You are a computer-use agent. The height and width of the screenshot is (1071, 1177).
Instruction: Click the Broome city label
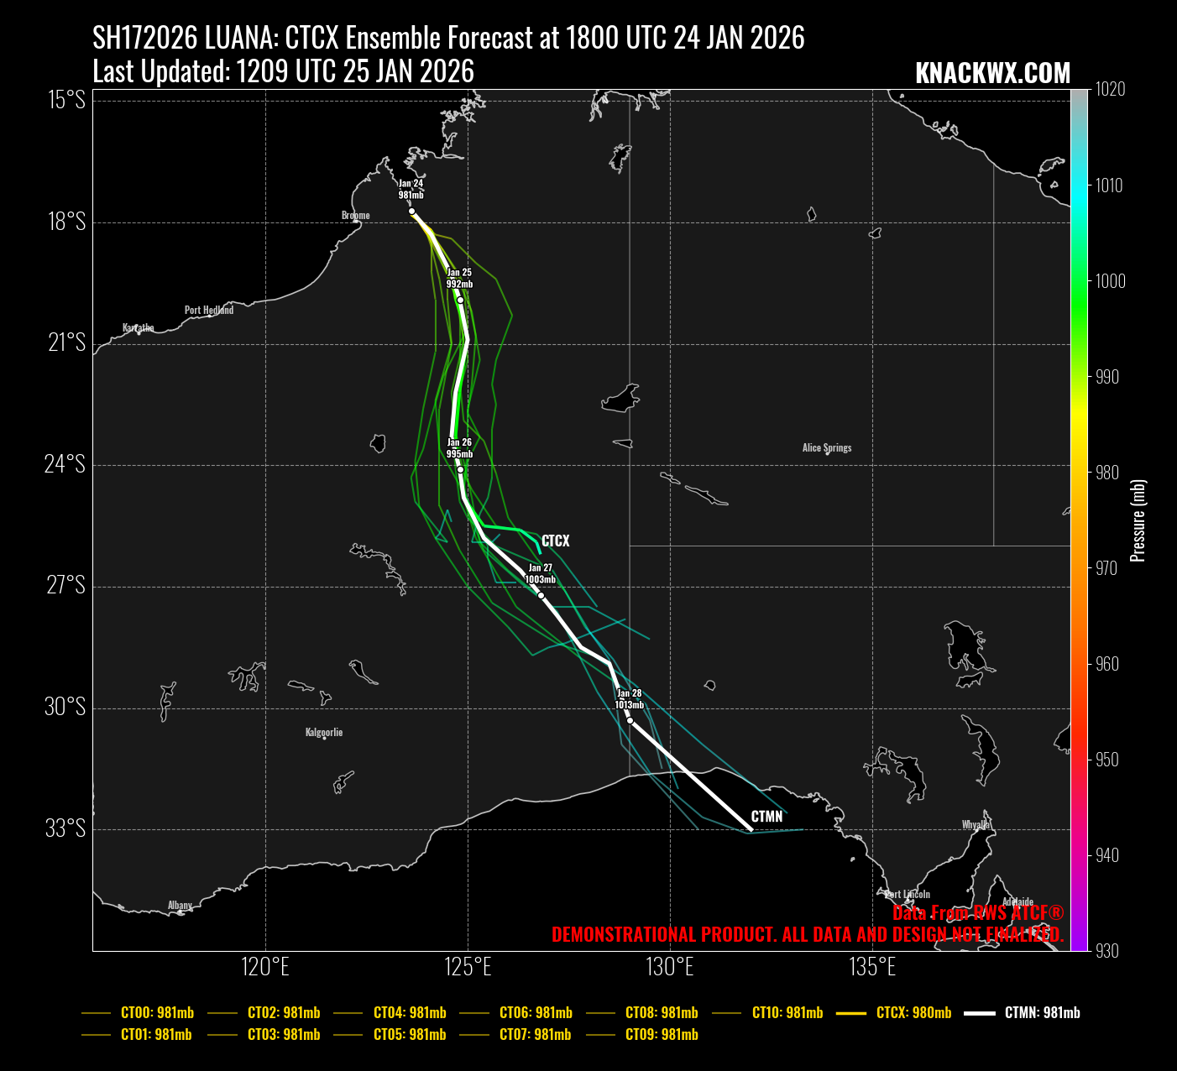355,216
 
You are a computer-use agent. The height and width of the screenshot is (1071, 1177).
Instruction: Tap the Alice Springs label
827,448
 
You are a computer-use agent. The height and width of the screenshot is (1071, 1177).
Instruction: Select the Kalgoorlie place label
324,733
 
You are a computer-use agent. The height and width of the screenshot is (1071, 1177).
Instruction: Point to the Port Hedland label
209,311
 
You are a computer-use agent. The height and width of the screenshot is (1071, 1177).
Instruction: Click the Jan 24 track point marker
411,212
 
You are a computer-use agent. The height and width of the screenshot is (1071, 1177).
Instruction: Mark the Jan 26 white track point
460,470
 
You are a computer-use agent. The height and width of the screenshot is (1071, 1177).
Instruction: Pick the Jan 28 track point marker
630,721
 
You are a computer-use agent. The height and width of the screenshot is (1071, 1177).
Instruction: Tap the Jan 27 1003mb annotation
540,574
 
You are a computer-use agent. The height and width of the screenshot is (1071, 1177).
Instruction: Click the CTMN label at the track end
766,817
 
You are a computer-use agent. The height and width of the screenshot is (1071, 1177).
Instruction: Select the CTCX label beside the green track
555,541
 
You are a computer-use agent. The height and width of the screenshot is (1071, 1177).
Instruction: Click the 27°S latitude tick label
65,585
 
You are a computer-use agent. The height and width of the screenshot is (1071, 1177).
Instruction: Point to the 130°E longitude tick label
670,968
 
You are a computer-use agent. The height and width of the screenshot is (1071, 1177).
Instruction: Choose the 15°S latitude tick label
65,100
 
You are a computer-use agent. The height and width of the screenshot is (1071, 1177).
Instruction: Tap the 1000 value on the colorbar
1110,281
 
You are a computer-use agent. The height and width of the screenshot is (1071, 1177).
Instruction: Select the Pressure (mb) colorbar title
1138,520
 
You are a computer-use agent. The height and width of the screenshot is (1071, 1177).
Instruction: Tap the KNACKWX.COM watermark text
992,74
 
